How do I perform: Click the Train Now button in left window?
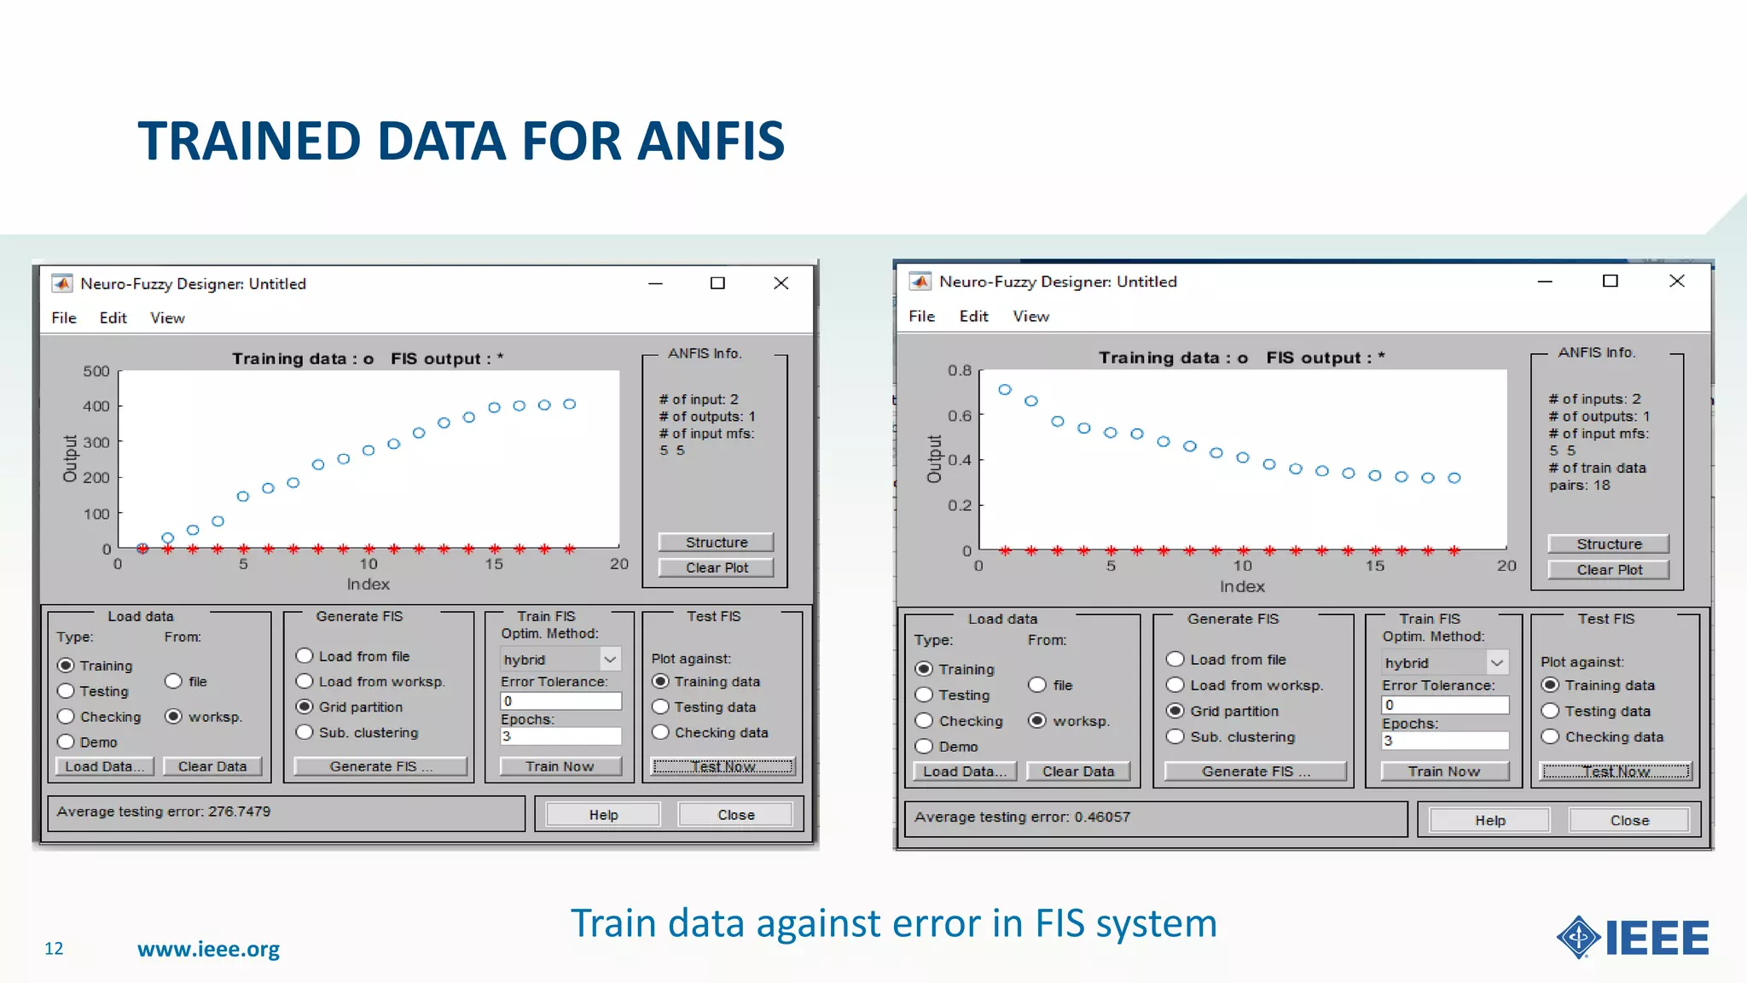click(x=560, y=766)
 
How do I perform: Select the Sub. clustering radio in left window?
click(x=305, y=732)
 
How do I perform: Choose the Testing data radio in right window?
click(x=1551, y=711)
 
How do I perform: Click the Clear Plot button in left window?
click(x=717, y=567)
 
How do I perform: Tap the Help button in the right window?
click(x=1489, y=820)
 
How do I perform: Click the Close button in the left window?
click(x=735, y=815)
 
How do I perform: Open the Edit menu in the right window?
click(x=973, y=317)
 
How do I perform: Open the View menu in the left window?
click(x=167, y=318)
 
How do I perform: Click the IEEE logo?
click(x=1633, y=938)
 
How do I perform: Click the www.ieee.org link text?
click(x=208, y=949)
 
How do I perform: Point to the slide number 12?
click(x=54, y=949)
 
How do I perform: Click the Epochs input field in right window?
click(x=1445, y=741)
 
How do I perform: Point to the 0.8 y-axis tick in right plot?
click(x=960, y=370)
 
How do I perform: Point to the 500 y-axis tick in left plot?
click(x=96, y=371)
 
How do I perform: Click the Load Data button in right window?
click(x=964, y=771)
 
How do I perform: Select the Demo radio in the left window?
click(x=67, y=742)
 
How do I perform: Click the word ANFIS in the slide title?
click(x=711, y=141)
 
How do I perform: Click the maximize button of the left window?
click(x=717, y=283)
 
